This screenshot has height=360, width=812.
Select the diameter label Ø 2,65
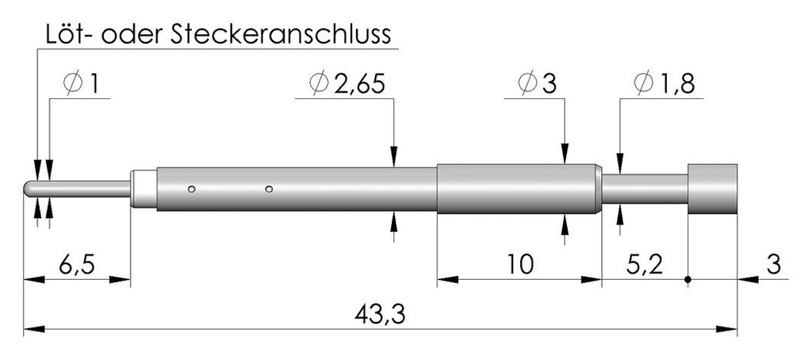(x=347, y=84)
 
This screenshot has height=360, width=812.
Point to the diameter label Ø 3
(x=536, y=84)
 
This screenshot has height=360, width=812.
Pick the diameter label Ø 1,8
(x=664, y=84)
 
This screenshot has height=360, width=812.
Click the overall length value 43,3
(x=380, y=314)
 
